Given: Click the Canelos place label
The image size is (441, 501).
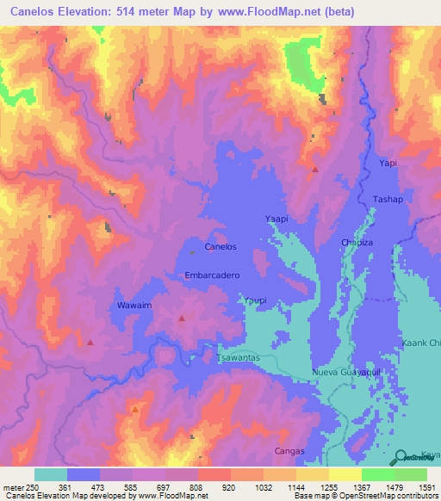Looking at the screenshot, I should tap(220, 247).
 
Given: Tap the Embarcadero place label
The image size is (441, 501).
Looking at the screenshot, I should tap(211, 275).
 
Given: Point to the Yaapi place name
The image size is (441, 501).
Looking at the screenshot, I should tap(276, 220).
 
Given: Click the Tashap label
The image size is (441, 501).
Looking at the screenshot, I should tap(388, 199).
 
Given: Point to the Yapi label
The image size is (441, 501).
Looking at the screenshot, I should tap(388, 162).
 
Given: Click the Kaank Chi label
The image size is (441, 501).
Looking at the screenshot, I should tap(421, 343).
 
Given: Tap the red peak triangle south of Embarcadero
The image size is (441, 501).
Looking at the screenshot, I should tap(182, 319).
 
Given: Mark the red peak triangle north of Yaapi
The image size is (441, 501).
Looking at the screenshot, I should tap(315, 170).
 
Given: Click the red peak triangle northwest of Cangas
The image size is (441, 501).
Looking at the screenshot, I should tap(134, 410).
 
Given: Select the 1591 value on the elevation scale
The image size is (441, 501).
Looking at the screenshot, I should tap(426, 487).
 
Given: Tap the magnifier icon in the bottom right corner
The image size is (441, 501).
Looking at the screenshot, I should tap(401, 456).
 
